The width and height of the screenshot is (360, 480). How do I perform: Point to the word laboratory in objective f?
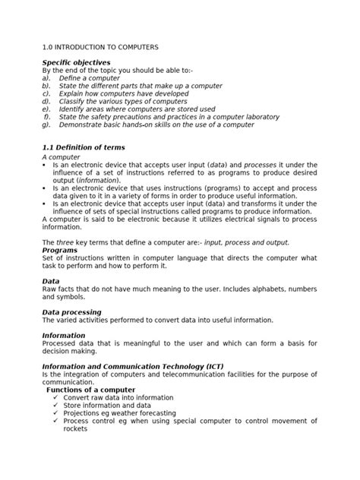point(255,118)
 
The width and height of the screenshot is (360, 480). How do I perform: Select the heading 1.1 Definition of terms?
point(83,147)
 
